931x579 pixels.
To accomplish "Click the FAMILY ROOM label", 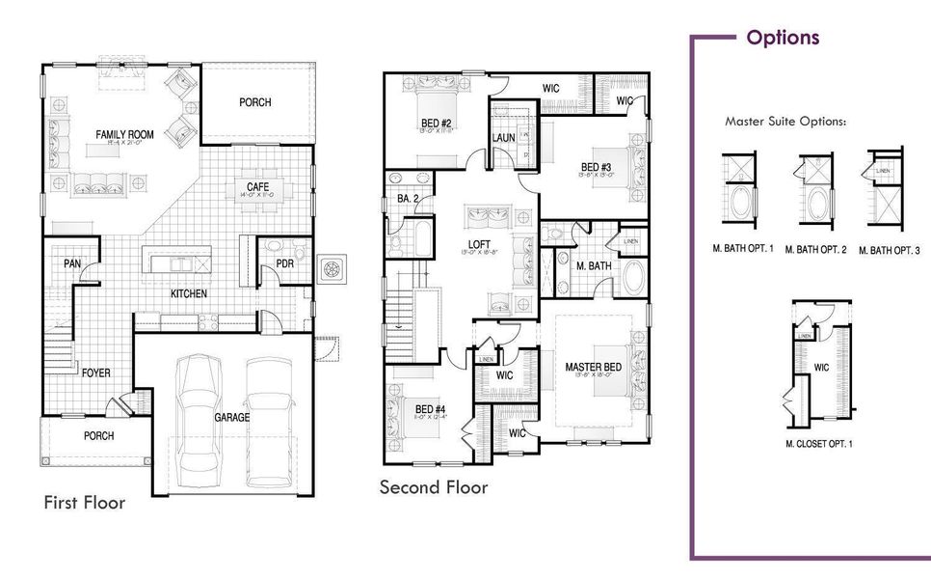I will pos(125,134).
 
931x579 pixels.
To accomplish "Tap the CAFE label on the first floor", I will pos(257,186).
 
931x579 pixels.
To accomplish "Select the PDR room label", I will pos(284,262).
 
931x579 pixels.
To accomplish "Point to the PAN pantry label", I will pos(72,263).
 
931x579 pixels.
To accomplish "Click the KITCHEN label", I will pos(190,293).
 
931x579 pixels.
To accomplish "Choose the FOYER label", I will pos(94,372).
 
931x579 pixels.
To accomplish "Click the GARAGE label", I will pos(232,417).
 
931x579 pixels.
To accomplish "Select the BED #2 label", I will pos(437,124).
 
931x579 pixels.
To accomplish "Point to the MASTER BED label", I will pos(592,368).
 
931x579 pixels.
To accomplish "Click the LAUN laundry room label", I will pos(503,138).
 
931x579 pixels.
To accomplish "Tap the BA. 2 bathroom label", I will pos(406,200).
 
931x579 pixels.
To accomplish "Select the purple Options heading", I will pos(783,38).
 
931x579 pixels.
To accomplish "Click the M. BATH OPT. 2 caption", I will pos(815,249).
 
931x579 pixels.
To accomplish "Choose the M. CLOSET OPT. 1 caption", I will pos(819,444).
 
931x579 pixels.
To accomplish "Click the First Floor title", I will pos(85,503).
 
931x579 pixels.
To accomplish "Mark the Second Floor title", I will pos(434,487).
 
